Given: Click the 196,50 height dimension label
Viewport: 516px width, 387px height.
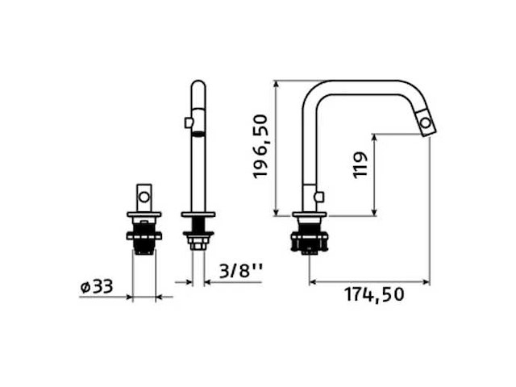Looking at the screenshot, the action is pyautogui.click(x=260, y=147).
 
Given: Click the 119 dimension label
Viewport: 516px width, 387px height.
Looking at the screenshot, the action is pyautogui.click(x=360, y=165).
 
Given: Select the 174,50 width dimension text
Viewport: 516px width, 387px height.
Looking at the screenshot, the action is pyautogui.click(x=374, y=294).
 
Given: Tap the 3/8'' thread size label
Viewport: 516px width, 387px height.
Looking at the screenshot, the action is pyautogui.click(x=241, y=272).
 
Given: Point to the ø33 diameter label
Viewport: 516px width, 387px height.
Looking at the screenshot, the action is pyautogui.click(x=97, y=287).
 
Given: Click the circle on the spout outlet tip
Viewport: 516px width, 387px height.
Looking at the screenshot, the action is pyautogui.click(x=426, y=123).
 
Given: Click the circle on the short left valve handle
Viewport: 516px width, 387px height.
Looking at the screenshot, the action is pyautogui.click(x=144, y=197).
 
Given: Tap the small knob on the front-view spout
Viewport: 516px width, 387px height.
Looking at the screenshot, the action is pyautogui.click(x=188, y=123).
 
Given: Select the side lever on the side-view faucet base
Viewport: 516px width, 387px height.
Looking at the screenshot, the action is pyautogui.click(x=319, y=197).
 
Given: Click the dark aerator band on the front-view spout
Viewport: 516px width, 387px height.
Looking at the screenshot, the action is pyautogui.click(x=198, y=134).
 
